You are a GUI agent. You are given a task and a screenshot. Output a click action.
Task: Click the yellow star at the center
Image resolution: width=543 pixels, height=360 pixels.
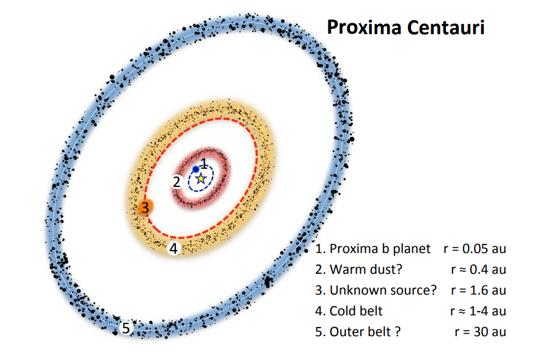(201, 179)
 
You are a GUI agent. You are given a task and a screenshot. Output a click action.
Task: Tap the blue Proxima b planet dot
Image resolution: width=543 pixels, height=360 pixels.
(195, 169)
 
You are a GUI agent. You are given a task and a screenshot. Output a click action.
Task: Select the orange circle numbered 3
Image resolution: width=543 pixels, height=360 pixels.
(145, 208)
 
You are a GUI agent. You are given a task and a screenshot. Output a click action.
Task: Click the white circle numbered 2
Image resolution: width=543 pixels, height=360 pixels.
(177, 182)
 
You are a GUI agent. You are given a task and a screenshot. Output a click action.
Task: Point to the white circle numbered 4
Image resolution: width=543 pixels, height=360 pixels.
(173, 248)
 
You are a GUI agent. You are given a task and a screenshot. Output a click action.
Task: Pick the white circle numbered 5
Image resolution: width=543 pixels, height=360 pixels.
(126, 328)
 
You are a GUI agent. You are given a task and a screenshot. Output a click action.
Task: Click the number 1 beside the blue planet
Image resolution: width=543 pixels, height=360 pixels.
(204, 163)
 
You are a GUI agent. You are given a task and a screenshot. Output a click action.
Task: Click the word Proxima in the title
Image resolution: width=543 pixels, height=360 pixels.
(363, 28)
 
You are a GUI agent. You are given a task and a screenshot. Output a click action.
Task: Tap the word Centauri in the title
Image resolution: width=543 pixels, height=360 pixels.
(446, 28)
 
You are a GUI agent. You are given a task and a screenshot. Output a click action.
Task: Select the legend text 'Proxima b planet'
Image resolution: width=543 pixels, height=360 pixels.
(380, 249)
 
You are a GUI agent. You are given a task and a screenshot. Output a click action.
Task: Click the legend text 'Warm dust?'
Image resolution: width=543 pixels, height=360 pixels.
(366, 269)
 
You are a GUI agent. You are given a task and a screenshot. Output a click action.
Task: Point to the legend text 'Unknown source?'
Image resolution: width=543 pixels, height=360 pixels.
(383, 290)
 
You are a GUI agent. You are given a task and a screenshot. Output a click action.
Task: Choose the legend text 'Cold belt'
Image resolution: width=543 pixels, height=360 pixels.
(356, 311)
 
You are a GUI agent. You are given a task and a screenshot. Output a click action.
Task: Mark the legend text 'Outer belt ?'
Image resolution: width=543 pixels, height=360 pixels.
(365, 332)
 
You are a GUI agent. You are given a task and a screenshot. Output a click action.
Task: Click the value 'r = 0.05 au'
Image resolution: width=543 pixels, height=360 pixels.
(475, 249)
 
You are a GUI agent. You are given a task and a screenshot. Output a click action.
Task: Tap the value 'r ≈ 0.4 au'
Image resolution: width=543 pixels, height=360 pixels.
(479, 269)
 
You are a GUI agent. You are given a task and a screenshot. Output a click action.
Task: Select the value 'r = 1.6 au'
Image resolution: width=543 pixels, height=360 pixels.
(479, 290)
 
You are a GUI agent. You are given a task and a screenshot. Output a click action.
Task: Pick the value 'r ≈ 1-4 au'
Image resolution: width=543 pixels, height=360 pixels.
(478, 311)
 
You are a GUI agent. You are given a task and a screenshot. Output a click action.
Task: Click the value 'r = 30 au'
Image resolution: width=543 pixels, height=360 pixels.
(480, 332)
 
